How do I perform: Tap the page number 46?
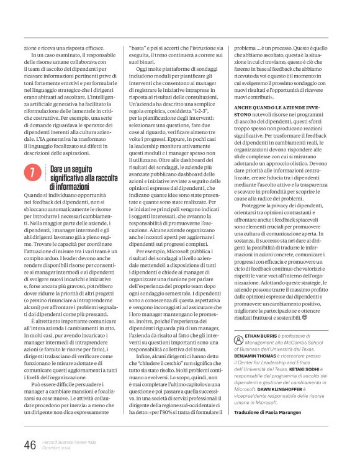coord(30,445)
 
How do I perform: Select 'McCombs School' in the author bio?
coord(302,342)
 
